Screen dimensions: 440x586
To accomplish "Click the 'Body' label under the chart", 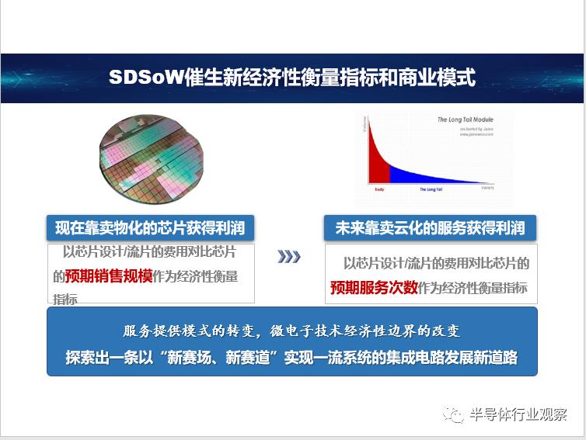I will click(379, 189).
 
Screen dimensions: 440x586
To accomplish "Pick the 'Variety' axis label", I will click(487, 188).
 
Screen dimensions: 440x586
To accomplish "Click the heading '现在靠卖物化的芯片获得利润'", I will click(150, 227).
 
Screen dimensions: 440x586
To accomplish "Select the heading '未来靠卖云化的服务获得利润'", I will click(430, 227).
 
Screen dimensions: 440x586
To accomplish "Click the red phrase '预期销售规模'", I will click(108, 276).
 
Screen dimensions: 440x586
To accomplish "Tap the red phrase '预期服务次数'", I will click(374, 287).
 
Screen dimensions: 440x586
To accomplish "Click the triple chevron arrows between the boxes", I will click(288, 257).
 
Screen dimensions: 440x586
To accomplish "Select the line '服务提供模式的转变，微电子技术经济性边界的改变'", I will click(291, 331).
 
